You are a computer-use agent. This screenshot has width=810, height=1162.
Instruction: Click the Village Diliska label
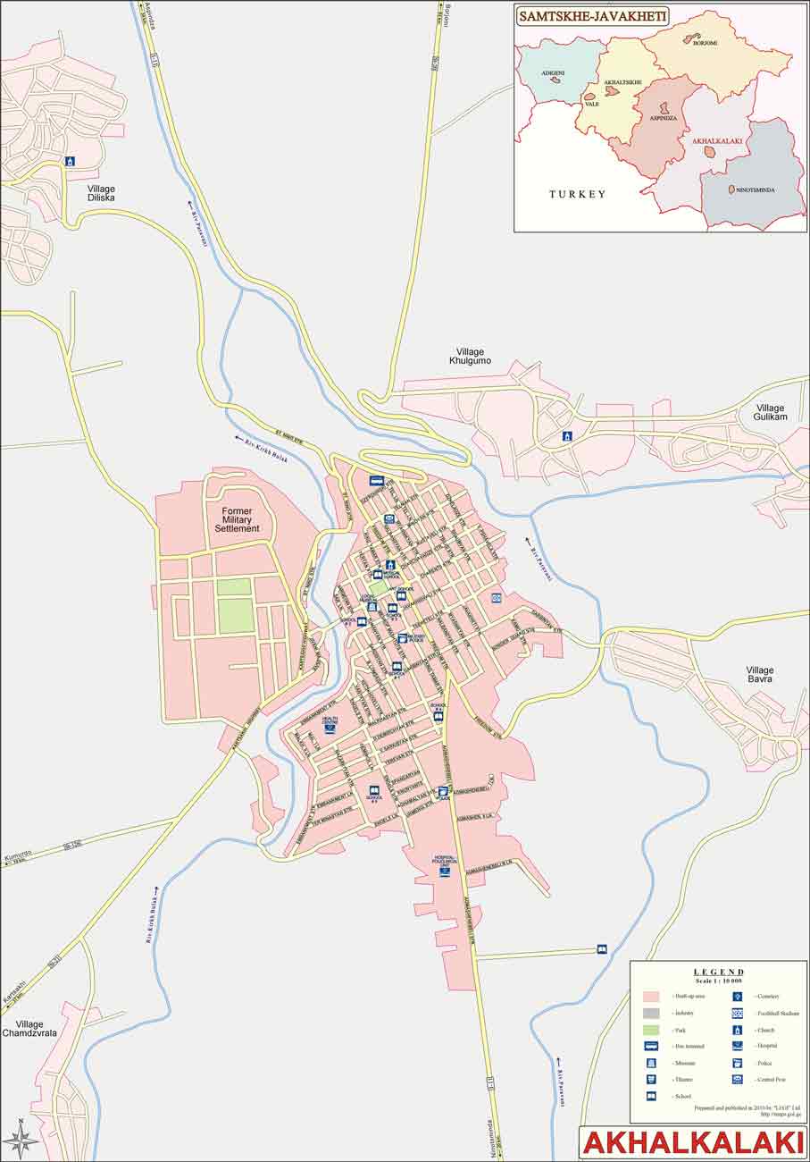click(x=101, y=193)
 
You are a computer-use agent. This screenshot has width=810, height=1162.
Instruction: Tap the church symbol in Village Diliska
click(x=70, y=161)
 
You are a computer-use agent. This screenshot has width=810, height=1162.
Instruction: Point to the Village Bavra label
click(x=760, y=674)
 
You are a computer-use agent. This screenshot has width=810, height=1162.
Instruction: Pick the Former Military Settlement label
click(x=237, y=519)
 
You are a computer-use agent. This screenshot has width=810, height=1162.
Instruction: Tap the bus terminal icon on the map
click(x=376, y=481)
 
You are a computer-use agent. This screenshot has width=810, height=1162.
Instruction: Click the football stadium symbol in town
click(x=496, y=598)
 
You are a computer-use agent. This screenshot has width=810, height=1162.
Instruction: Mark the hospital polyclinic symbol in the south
click(x=445, y=870)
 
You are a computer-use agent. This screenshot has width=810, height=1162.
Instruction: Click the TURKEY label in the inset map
click(x=577, y=194)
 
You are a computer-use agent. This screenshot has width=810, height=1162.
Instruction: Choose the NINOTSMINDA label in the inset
click(x=756, y=190)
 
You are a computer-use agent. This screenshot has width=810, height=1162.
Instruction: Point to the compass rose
click(x=21, y=1139)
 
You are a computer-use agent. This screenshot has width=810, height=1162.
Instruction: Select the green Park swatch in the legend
click(x=651, y=1030)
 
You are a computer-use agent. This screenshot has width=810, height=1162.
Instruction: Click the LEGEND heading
click(x=718, y=972)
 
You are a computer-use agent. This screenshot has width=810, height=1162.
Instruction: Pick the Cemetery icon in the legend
click(x=738, y=996)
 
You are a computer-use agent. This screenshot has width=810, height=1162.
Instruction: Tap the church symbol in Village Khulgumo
click(x=566, y=436)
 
